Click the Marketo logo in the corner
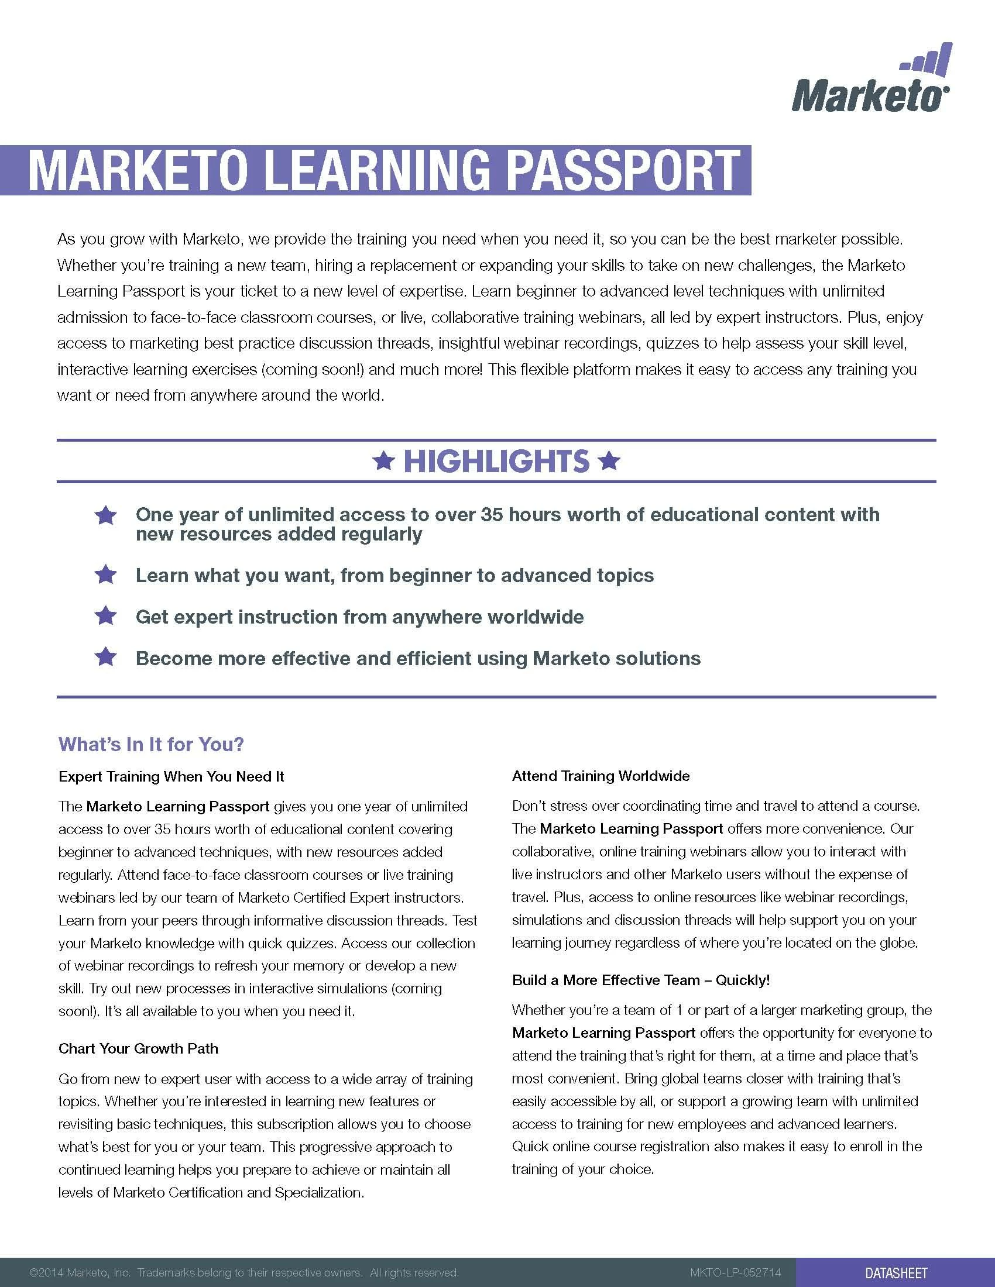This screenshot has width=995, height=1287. (870, 80)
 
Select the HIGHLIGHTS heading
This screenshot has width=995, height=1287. (496, 461)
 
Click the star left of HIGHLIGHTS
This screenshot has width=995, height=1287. (384, 461)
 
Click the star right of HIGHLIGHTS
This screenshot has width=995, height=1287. (609, 461)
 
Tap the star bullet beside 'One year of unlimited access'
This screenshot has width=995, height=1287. (106, 515)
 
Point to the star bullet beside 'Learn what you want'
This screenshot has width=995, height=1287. (106, 574)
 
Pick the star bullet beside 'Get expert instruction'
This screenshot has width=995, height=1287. (106, 616)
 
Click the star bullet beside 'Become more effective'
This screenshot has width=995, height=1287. (106, 657)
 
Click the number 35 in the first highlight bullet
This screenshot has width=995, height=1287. (491, 514)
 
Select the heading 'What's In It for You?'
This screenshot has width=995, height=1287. (151, 744)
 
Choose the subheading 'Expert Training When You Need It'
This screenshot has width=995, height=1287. (171, 777)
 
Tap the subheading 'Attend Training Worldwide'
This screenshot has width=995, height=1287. (601, 776)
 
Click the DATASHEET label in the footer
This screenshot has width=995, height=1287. (897, 1273)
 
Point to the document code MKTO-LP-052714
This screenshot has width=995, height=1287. (735, 1273)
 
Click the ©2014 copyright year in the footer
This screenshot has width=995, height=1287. (46, 1273)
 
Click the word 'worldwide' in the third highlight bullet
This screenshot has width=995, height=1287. (535, 617)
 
